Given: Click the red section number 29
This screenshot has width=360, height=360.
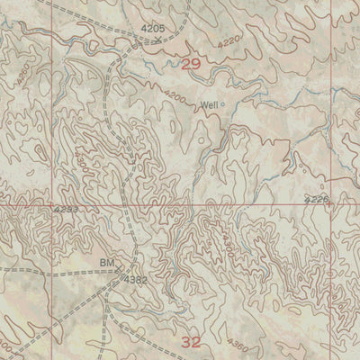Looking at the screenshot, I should [x=190, y=64].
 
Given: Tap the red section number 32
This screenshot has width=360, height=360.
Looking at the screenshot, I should [x=191, y=342].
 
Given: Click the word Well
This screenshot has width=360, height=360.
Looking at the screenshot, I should [x=209, y=105].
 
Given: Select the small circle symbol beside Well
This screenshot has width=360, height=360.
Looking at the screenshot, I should [x=223, y=106].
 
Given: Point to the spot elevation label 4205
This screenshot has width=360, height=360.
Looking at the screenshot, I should [x=154, y=30].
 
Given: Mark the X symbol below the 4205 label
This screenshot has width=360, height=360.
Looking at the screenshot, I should [x=158, y=40].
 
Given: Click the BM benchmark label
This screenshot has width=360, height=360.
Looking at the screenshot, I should [x=108, y=264].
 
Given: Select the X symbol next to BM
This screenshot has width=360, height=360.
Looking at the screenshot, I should [x=123, y=266].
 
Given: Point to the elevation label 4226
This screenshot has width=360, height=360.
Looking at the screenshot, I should [x=317, y=198].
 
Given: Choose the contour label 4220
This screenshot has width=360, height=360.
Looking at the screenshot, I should [x=206, y=40].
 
